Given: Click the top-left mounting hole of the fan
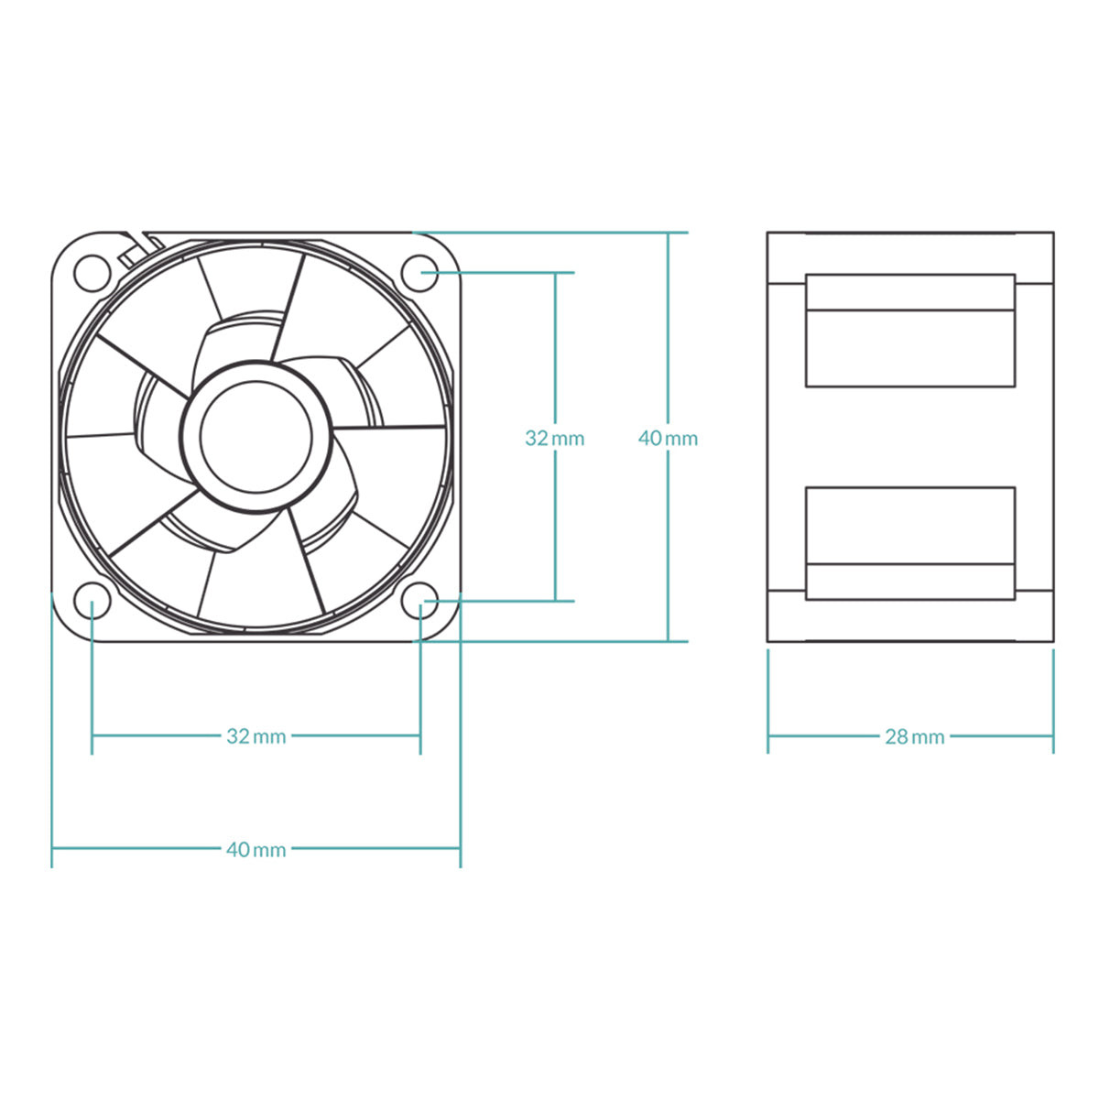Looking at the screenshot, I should point(92,272).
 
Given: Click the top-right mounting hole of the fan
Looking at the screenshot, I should point(420,272).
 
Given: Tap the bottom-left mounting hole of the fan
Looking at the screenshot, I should point(92,602).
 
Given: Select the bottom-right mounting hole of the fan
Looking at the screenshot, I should point(420,602).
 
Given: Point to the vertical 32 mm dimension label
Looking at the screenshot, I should point(554,439).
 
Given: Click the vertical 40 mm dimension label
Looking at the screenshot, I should point(668,439).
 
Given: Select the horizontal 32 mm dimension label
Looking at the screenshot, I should point(256,736).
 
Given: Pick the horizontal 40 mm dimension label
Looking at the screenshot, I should point(256,850).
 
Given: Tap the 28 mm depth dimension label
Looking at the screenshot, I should point(914,736).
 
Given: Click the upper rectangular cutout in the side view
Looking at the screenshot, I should point(910,331).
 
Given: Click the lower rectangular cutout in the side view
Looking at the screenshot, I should point(910,543).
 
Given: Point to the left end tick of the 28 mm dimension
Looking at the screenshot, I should point(768,735).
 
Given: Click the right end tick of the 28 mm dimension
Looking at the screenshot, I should point(1053,735).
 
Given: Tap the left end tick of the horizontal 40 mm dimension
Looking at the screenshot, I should point(52,849).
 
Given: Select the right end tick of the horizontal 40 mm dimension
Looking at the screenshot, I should point(460,849).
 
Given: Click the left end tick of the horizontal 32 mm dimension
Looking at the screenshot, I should point(92,735).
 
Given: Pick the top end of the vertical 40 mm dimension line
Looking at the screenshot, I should point(669,233).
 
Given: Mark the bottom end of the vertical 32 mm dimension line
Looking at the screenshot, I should point(555,601).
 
